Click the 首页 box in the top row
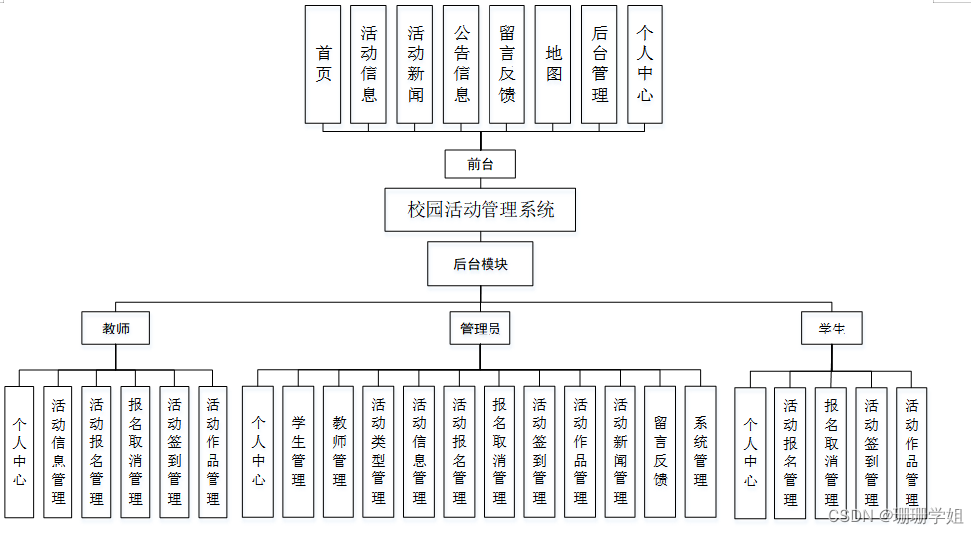(x=323, y=65)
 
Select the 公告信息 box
(x=461, y=65)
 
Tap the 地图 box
(x=553, y=65)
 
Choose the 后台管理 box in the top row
(x=599, y=65)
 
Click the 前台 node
(x=481, y=164)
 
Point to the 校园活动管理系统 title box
(x=481, y=210)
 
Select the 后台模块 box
(x=481, y=264)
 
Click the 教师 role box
(x=116, y=329)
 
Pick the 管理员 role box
(x=481, y=329)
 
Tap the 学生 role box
(x=832, y=329)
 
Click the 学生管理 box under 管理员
(x=298, y=452)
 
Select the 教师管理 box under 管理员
(x=339, y=452)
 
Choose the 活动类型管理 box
(x=378, y=452)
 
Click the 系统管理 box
(x=700, y=452)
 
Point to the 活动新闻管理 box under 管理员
(x=620, y=452)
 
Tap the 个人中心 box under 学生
(x=750, y=453)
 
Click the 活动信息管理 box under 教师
(x=58, y=452)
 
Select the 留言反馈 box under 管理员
(x=660, y=452)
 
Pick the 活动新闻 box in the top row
(x=415, y=65)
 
